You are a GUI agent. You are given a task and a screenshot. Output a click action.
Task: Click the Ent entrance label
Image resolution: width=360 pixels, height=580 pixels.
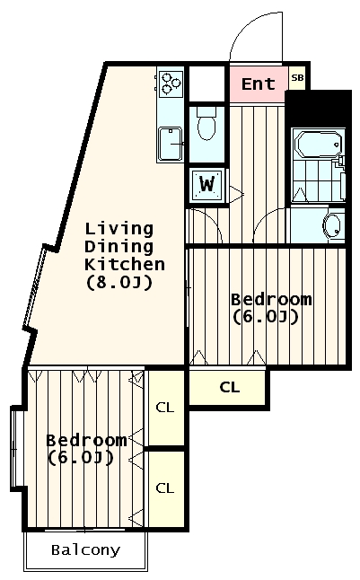pyautogui.click(x=259, y=84)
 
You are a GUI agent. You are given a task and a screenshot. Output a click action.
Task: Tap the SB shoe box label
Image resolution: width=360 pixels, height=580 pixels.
pyautogui.click(x=297, y=78)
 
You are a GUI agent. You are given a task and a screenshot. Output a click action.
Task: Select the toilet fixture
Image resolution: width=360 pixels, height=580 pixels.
pyautogui.click(x=206, y=124)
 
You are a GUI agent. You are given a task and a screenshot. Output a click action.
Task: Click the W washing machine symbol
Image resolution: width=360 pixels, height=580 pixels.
pyautogui.click(x=206, y=185)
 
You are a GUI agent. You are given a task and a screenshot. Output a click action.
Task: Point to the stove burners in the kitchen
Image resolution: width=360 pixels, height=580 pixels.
pyautogui.click(x=171, y=83)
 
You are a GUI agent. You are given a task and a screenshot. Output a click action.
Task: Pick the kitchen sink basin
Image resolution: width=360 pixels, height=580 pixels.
pyautogui.click(x=171, y=145)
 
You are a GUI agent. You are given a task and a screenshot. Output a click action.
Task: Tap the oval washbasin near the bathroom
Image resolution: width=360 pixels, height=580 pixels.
pyautogui.click(x=332, y=225)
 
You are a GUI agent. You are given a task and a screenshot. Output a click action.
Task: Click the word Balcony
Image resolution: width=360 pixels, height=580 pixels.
pyautogui.click(x=86, y=550)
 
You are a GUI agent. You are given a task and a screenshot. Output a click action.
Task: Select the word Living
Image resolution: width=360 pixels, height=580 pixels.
pyautogui.click(x=119, y=229)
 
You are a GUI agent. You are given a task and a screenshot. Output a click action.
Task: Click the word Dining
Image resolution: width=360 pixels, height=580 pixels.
pyautogui.click(x=119, y=247)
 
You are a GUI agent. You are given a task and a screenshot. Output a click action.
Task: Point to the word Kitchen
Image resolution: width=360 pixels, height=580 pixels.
pyautogui.click(x=125, y=265)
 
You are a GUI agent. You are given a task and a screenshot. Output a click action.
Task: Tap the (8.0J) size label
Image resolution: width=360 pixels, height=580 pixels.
pyautogui.click(x=119, y=283)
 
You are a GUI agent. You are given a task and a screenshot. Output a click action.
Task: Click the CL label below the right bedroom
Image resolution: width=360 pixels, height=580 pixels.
pyautogui.click(x=230, y=387)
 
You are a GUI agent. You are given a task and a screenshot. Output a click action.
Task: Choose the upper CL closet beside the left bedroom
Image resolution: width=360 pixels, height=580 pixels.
pyautogui.click(x=164, y=408)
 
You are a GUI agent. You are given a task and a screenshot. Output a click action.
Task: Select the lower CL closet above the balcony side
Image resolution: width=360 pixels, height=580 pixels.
pyautogui.click(x=164, y=488)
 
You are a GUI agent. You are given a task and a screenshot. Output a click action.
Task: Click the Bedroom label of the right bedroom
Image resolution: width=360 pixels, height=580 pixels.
pyautogui.click(x=271, y=299)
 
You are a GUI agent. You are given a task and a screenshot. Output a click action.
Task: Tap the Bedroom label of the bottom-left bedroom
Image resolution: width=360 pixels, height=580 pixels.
pyautogui.click(x=86, y=440)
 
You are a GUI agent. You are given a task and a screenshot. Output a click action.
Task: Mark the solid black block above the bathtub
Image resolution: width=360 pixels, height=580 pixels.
pyautogui.click(x=319, y=109)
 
